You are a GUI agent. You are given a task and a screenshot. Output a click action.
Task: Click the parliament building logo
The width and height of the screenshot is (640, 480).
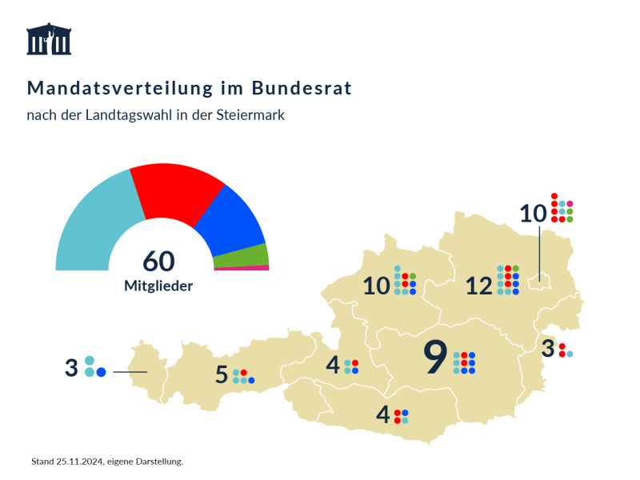[x=49, y=39]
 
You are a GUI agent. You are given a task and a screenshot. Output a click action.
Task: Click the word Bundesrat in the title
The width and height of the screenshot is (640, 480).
[x=302, y=87]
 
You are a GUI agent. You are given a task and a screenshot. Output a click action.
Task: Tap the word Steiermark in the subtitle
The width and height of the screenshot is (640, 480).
[x=250, y=115]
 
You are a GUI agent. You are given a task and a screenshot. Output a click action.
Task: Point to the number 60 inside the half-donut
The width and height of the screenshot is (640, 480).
[x=158, y=261]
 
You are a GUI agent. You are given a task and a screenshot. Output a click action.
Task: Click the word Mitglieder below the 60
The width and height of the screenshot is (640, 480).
[x=158, y=285]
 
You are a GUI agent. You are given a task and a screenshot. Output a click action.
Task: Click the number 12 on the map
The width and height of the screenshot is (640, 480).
[x=478, y=286]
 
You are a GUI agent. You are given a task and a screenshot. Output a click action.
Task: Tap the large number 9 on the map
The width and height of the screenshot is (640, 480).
[x=434, y=358]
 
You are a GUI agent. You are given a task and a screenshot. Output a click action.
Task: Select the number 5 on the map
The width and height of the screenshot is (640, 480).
[x=222, y=375]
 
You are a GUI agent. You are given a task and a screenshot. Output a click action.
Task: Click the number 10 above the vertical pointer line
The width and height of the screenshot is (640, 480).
[x=533, y=214]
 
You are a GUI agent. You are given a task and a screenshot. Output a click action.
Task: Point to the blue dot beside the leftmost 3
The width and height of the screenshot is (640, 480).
[x=102, y=372]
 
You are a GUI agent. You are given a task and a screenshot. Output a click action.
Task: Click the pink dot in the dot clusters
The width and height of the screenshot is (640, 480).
[x=570, y=204]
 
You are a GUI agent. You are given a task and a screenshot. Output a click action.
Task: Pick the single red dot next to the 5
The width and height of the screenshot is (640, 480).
[x=243, y=373]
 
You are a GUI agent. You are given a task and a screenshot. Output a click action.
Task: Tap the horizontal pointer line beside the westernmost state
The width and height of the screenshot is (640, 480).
[x=130, y=372]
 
